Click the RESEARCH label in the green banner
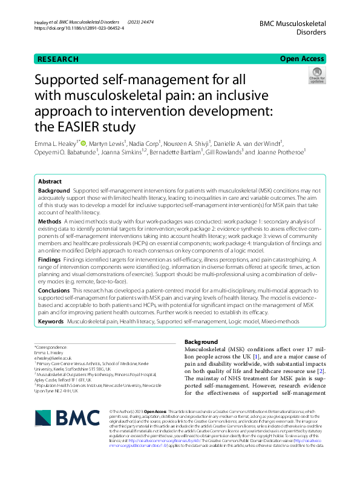pos(58,59)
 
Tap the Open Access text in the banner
pos(301,59)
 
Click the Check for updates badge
pos(316,76)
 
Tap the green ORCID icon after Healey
pos(83,143)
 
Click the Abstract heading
pos(50,181)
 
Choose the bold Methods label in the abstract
pos(50,222)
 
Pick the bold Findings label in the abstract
pos(50,259)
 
